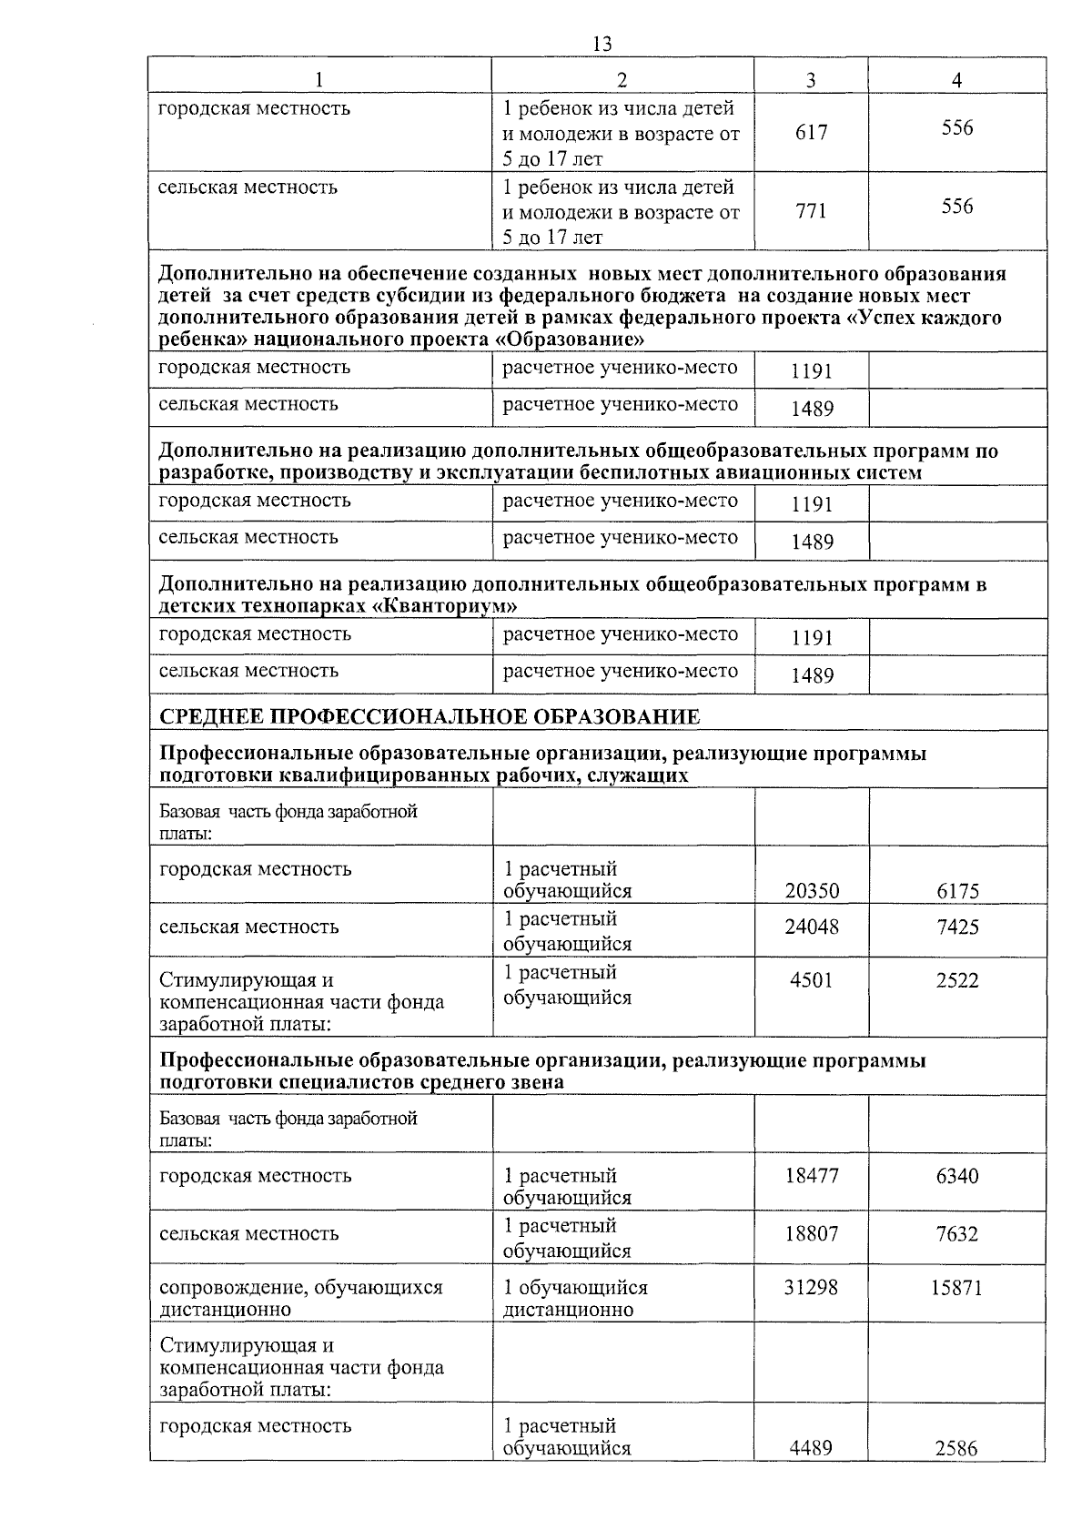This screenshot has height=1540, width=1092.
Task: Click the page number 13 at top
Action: coord(602,44)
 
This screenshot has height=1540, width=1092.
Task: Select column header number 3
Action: coord(811,80)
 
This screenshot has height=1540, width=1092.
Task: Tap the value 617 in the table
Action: coord(811,133)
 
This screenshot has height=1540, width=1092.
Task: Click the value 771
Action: coord(811,211)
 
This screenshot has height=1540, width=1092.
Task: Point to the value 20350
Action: coord(812,891)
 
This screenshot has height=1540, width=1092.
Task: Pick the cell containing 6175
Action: coord(957,891)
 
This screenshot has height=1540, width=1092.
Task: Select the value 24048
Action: coord(812,927)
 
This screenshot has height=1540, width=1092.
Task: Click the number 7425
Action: coord(957,927)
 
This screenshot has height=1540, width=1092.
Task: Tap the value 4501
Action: coord(812,980)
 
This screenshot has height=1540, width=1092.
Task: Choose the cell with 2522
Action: coord(957,980)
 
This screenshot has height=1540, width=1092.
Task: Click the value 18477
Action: coord(812,1176)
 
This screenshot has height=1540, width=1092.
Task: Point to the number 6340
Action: coord(957,1176)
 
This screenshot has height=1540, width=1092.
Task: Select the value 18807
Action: coord(812,1234)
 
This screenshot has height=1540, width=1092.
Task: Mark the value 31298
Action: coord(812,1288)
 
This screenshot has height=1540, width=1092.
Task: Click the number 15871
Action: coord(956,1288)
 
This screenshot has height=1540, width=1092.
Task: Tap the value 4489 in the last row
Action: coord(812,1447)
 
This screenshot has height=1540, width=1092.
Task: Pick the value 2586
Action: coord(956,1447)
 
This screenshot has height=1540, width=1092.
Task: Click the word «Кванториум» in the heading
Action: coord(446,606)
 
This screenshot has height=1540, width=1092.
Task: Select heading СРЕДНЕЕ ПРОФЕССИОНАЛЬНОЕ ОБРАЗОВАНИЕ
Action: coord(430,716)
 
